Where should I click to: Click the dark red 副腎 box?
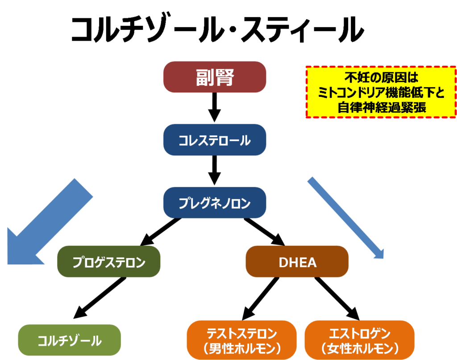click(215, 77)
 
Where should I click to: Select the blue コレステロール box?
click(215, 140)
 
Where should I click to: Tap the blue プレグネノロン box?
click(215, 203)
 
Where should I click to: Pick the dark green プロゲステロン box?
click(109, 262)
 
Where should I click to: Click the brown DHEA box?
click(297, 262)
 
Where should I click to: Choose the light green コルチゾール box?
click(70, 340)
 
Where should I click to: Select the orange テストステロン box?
click(242, 340)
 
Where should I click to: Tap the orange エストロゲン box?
click(360, 340)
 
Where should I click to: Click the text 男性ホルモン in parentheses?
click(242, 348)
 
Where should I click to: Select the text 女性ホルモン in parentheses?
click(360, 348)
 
